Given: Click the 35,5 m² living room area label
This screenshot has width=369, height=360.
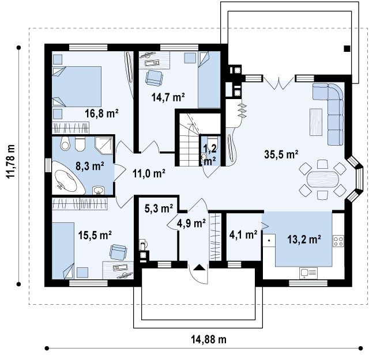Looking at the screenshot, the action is [x=281, y=154].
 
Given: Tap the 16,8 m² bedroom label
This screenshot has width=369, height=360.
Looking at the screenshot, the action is [x=101, y=113].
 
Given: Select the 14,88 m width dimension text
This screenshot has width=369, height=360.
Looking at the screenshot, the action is [x=209, y=339].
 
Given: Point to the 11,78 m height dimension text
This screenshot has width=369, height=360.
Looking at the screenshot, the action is [x=11, y=161].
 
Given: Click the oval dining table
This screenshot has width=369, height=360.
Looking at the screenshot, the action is [x=323, y=179].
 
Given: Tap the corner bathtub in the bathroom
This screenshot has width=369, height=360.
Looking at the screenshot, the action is [x=67, y=177].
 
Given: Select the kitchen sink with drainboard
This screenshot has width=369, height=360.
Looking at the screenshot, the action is [x=308, y=273].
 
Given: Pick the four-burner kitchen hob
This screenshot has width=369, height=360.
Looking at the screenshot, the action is [x=338, y=241].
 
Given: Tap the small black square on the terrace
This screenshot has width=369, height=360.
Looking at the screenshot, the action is [x=347, y=49].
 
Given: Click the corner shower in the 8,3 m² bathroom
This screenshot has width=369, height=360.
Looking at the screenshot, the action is [x=104, y=145].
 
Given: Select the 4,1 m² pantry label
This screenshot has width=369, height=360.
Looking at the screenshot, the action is [x=243, y=234].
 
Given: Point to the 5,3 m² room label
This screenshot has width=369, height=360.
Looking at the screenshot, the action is [x=159, y=209].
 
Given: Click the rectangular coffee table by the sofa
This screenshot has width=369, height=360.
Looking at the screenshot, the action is [x=316, y=122].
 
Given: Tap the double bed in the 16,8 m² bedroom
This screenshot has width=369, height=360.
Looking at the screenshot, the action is [x=77, y=86].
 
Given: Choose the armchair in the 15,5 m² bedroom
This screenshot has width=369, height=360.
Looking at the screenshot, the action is [x=118, y=252].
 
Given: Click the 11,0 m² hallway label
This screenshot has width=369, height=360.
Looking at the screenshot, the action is [x=149, y=174].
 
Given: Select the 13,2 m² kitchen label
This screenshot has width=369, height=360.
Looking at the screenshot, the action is [x=304, y=240].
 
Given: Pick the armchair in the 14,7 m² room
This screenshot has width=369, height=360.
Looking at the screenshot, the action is [x=155, y=78].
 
